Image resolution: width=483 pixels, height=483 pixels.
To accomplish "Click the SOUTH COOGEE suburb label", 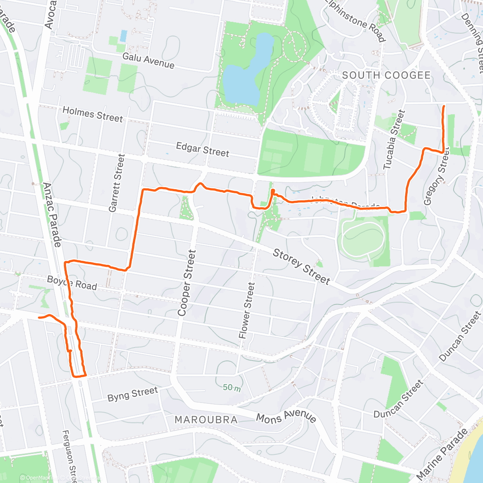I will pyautogui.click(x=386, y=75).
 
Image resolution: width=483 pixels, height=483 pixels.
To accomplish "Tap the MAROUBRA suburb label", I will pyautogui.click(x=206, y=420).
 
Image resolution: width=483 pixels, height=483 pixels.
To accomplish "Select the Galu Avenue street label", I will pyautogui.click(x=149, y=60).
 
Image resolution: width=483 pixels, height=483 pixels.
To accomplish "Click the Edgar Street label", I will pyautogui.click(x=202, y=149).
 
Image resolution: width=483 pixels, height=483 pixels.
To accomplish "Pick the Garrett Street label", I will pyautogui.click(x=117, y=183).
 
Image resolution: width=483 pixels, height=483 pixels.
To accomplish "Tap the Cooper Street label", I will pyautogui.click(x=187, y=283).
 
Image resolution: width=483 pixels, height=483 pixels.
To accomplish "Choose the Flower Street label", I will pyautogui.click(x=247, y=310).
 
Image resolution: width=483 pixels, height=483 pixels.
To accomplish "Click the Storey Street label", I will pyautogui.click(x=301, y=266).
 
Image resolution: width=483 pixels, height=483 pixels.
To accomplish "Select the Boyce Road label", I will pyautogui.click(x=72, y=283).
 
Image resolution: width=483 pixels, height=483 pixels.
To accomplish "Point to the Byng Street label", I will pyautogui.click(x=132, y=394).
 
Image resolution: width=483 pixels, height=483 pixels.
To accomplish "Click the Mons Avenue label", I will pyautogui.click(x=286, y=417).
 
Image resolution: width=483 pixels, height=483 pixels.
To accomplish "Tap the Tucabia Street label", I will pyautogui.click(x=394, y=140).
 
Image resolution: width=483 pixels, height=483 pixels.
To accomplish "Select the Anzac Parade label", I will pyautogui.click(x=53, y=215).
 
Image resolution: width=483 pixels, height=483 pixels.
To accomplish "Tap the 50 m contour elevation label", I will pyautogui.click(x=232, y=388).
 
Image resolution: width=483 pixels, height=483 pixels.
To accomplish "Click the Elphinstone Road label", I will pyautogui.click(x=355, y=20).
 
